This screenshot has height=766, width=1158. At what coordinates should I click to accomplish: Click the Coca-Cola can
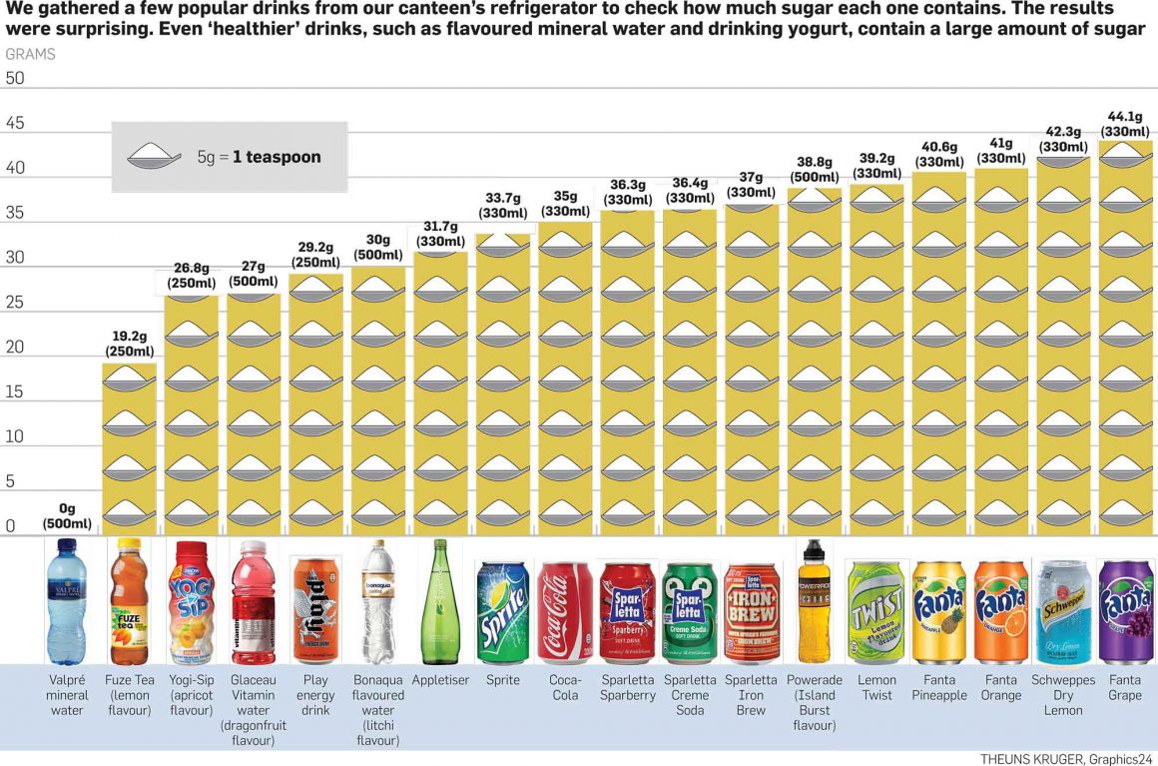pos(565,612)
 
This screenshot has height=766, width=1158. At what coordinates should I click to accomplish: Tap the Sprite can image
pos(503,612)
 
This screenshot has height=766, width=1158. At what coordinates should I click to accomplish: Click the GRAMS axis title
pos(30,54)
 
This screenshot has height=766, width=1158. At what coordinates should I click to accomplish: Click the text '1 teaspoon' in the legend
pos(277,157)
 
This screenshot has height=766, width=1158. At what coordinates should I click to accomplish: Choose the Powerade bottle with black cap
pos(814,601)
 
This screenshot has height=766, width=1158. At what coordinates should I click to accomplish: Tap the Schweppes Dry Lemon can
pos(1063,612)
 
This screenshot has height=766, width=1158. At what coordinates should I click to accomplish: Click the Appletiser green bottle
pos(440,601)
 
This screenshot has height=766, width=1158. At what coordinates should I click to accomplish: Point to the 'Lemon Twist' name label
pos(876,687)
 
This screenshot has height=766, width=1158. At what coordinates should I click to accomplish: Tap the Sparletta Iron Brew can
pos(751,612)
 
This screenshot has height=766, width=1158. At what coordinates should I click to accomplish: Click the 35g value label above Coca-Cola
pos(565,204)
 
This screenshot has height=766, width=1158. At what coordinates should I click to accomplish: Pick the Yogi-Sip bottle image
pos(191,601)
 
